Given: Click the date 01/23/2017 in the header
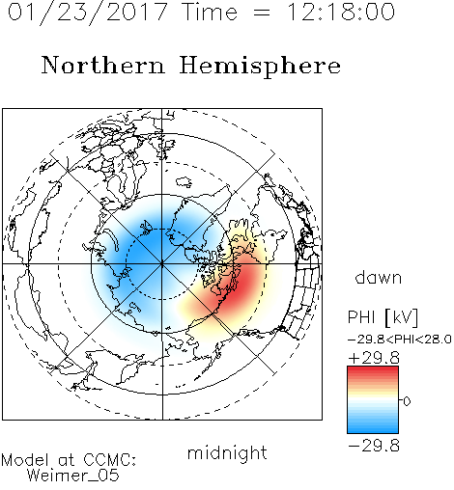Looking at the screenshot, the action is [x=88, y=13].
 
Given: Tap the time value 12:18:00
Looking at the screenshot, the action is [x=341, y=12].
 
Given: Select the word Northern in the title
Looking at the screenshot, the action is [x=103, y=65].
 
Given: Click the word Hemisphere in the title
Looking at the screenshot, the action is [x=260, y=67].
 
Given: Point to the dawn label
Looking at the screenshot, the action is [x=379, y=277].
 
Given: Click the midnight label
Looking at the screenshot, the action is [x=227, y=453].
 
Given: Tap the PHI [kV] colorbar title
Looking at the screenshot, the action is [x=383, y=317].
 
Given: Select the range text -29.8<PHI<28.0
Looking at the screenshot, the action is [x=400, y=339].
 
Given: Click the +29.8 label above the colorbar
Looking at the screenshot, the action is [x=374, y=358].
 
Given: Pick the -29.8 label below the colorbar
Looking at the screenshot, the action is [x=374, y=446].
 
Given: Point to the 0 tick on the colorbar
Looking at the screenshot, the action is [x=407, y=401].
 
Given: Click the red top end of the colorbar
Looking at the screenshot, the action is [x=373, y=369].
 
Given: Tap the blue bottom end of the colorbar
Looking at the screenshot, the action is [x=373, y=430].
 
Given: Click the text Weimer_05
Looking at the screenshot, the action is [x=73, y=476].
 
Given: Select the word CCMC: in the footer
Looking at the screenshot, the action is [x=110, y=460].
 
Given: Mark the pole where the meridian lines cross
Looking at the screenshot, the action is [x=161, y=264].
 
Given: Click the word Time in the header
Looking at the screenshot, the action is [x=210, y=12].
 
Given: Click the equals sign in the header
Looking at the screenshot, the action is [x=262, y=14].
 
